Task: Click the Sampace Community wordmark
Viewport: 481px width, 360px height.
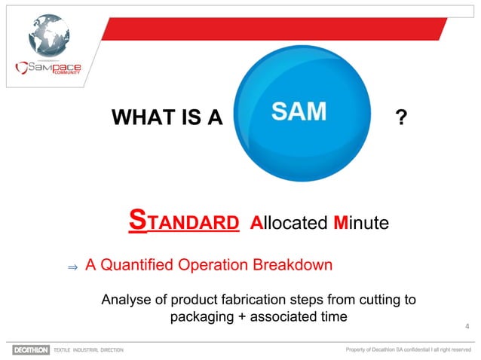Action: (48, 69)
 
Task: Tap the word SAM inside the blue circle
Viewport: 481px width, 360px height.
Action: (299, 112)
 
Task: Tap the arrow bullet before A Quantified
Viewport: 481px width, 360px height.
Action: (72, 267)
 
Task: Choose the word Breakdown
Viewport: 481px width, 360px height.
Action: (295, 265)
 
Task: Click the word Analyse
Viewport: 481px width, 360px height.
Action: (126, 301)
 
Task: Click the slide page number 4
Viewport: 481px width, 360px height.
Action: (467, 325)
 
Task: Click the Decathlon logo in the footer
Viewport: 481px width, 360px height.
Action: (31, 350)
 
